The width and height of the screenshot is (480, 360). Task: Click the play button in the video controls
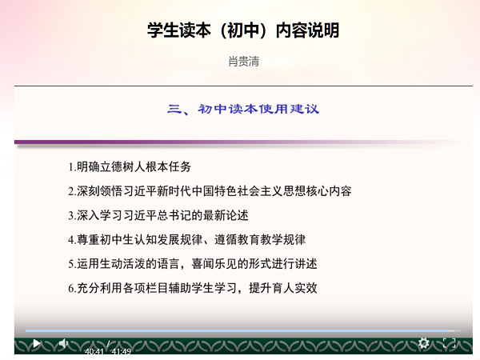point(37,343)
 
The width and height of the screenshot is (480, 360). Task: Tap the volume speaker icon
point(63,343)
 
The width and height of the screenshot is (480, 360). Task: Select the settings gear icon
point(424,343)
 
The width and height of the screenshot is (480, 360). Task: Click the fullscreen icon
point(449,343)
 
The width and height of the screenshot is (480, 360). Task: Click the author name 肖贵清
point(244,62)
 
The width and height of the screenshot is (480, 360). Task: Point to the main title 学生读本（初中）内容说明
point(243,30)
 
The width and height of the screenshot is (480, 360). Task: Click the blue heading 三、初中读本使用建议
point(243,109)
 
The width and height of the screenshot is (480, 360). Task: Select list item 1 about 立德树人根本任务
point(130,167)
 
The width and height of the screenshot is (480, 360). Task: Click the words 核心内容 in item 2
point(329,191)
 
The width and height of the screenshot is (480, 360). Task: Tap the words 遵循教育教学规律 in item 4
point(260,239)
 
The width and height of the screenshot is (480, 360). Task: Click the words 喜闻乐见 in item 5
point(214,263)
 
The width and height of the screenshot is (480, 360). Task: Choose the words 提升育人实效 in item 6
point(283,288)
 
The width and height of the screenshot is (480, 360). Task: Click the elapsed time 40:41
point(94,351)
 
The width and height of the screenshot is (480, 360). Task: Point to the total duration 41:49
point(122,351)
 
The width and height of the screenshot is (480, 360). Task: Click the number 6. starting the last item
point(72,288)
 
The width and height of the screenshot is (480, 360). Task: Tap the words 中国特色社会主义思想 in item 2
point(248,191)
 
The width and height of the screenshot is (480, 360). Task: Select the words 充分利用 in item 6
point(99,288)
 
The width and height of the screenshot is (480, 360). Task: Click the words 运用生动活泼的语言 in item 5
point(128,263)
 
